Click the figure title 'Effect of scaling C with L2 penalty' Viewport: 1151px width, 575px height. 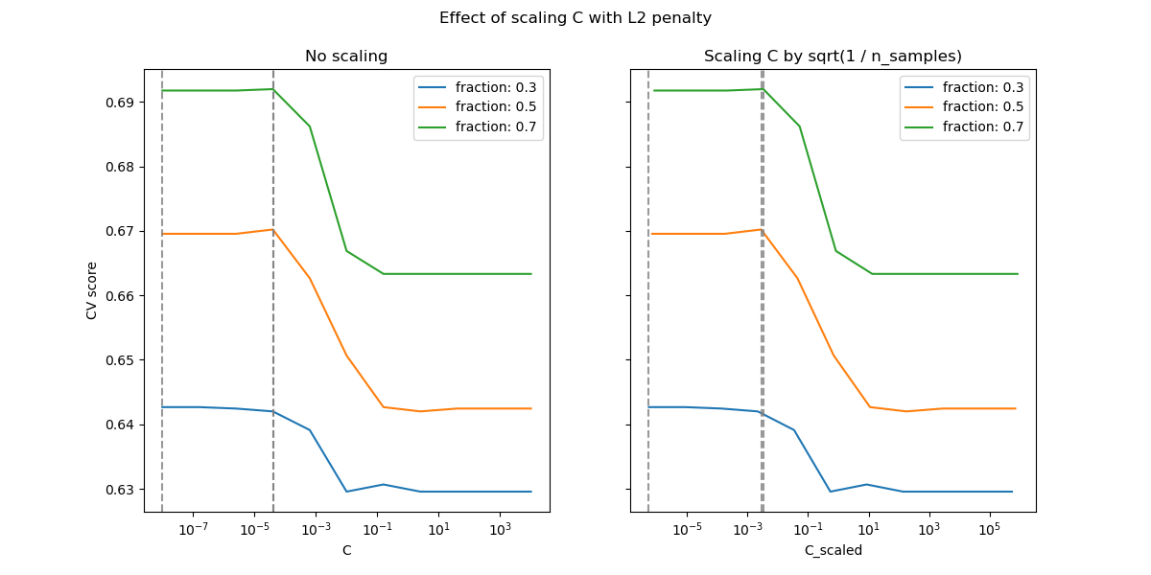click(575, 18)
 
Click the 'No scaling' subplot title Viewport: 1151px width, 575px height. click(346, 57)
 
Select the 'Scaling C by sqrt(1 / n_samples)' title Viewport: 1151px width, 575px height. click(833, 57)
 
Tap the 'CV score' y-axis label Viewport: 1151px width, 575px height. click(92, 290)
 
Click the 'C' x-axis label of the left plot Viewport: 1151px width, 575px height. click(346, 550)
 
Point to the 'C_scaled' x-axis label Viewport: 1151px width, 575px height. click(833, 550)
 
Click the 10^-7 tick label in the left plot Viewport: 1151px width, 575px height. click(193, 530)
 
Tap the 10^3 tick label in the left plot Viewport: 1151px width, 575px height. click(500, 530)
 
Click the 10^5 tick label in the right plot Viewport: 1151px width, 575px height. click(990, 530)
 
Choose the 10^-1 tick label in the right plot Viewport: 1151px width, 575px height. click(808, 530)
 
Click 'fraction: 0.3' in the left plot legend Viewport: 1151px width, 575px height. click(495, 87)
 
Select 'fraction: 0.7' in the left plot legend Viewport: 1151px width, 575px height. click(495, 126)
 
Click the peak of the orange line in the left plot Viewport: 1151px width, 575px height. click(273, 229)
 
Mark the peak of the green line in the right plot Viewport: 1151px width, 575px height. click(762, 89)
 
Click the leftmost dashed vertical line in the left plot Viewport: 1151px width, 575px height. click(162, 287)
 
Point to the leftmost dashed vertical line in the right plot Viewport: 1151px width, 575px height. click(648, 287)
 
